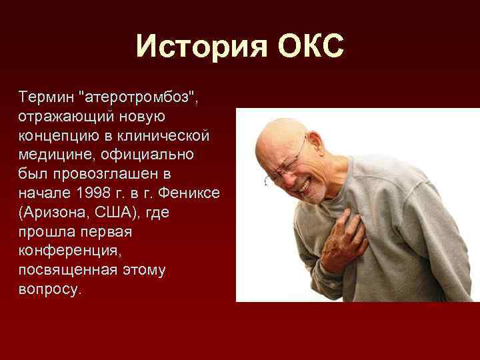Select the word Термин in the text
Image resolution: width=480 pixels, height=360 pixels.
point(45,98)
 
